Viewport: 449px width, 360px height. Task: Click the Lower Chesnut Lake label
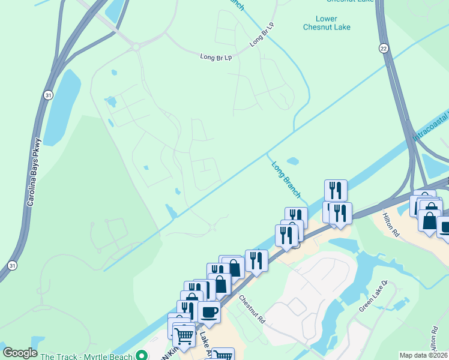coord(327,23)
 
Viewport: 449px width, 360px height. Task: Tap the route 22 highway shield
coord(382,47)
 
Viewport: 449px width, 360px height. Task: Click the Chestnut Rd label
coord(252,309)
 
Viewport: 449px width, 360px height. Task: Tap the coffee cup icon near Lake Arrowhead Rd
coord(209,311)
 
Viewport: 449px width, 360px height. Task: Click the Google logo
coord(20,353)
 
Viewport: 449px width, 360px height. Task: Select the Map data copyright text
coord(424,355)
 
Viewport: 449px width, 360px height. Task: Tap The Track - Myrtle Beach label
coord(86,356)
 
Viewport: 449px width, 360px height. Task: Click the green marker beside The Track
coord(142,355)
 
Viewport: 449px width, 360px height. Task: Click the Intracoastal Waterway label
coord(430,126)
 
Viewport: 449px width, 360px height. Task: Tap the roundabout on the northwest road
coord(136,46)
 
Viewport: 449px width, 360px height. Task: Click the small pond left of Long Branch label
coord(292,161)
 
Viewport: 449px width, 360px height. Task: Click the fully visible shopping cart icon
coord(184,335)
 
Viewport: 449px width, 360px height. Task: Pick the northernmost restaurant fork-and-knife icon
coord(336,190)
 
